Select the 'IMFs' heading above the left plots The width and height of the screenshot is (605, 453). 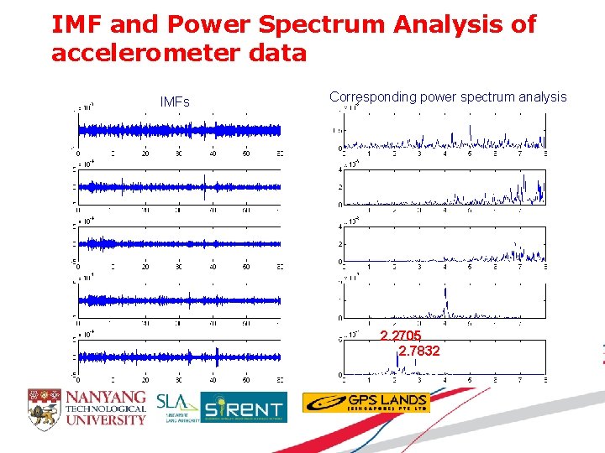pyautogui.click(x=175, y=102)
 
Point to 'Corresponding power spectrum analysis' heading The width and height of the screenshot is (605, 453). pyautogui.click(x=448, y=97)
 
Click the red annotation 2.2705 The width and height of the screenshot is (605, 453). pyautogui.click(x=401, y=336)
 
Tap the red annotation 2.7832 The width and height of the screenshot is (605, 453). pyautogui.click(x=418, y=351)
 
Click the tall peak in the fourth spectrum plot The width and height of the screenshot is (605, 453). pyautogui.click(x=445, y=299)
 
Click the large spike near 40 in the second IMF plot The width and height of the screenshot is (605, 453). pyautogui.click(x=204, y=190)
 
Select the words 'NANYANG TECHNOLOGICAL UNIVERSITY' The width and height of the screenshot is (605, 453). pyautogui.click(x=106, y=407)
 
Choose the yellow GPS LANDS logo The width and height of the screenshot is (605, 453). pyautogui.click(x=366, y=403)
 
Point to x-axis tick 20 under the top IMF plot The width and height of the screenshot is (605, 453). pyautogui.click(x=145, y=154)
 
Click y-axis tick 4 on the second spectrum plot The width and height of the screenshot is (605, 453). pyautogui.click(x=340, y=169)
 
